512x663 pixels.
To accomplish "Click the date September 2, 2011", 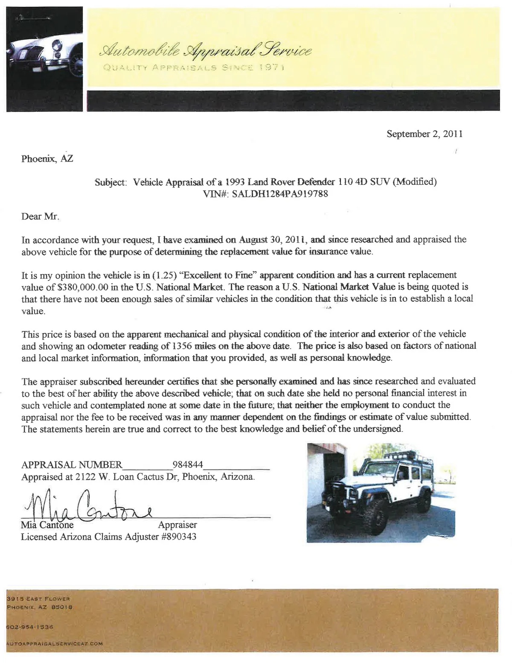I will click(425, 134).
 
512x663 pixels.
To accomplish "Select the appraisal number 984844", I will click(188, 464).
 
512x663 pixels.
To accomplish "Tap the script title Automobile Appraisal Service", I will click(205, 51).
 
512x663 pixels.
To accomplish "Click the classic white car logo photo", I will click(44, 59).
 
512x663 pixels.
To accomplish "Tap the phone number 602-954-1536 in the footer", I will click(30, 627).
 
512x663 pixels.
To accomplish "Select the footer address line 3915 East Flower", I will click(38, 599).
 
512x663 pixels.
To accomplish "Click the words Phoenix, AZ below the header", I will click(47, 159).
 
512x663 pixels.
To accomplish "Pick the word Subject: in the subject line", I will click(111, 182).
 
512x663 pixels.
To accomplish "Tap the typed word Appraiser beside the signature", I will click(177, 525).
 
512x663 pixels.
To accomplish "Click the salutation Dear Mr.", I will click(40, 216).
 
